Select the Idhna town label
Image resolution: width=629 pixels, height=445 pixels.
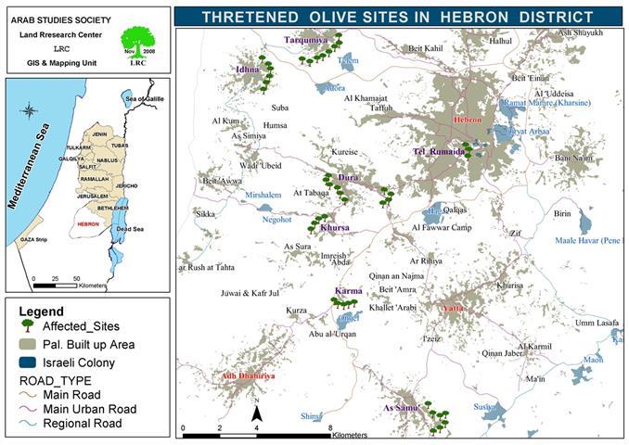pyautogui.click(x=248, y=69)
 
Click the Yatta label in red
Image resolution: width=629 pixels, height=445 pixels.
pyautogui.click(x=455, y=308)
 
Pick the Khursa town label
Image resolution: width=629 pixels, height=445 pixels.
pyautogui.click(x=334, y=227)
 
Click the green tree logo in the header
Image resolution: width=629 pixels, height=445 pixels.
pyautogui.click(x=137, y=42)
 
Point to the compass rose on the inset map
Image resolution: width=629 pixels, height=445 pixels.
pyautogui.click(x=30, y=114)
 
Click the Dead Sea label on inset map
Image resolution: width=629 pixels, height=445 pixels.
pyautogui.click(x=131, y=228)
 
